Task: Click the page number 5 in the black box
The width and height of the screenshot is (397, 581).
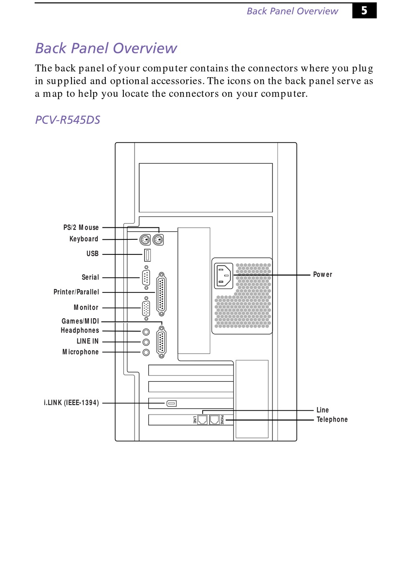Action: click(x=364, y=10)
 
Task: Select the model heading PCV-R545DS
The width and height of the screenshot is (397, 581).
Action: click(x=68, y=120)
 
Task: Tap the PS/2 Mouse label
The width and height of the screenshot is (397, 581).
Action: click(x=81, y=227)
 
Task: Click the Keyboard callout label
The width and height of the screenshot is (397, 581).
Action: click(x=84, y=239)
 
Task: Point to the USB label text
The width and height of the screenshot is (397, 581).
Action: click(x=92, y=254)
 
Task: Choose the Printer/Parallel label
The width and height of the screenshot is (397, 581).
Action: click(x=76, y=292)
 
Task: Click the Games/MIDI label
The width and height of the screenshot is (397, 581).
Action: click(x=80, y=321)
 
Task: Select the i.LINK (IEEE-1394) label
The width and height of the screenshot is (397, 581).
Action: click(x=71, y=402)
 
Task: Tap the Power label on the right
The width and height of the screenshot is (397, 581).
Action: click(x=323, y=274)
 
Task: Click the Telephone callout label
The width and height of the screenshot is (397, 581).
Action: click(x=332, y=420)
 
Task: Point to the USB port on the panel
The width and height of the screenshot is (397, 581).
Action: click(x=147, y=254)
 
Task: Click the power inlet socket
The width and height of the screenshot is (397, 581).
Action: click(x=224, y=276)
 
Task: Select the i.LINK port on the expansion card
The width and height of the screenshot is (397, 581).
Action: click(x=172, y=403)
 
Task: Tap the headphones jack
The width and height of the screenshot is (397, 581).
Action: click(x=146, y=332)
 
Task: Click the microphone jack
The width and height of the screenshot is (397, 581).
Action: click(x=146, y=352)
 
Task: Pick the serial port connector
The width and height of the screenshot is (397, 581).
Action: click(x=146, y=277)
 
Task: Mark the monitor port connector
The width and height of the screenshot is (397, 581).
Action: click(x=146, y=309)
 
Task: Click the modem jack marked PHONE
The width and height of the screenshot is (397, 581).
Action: click(x=214, y=419)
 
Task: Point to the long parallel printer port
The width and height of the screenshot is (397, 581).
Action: click(x=161, y=294)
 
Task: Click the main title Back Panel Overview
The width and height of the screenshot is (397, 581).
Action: click(x=106, y=48)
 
